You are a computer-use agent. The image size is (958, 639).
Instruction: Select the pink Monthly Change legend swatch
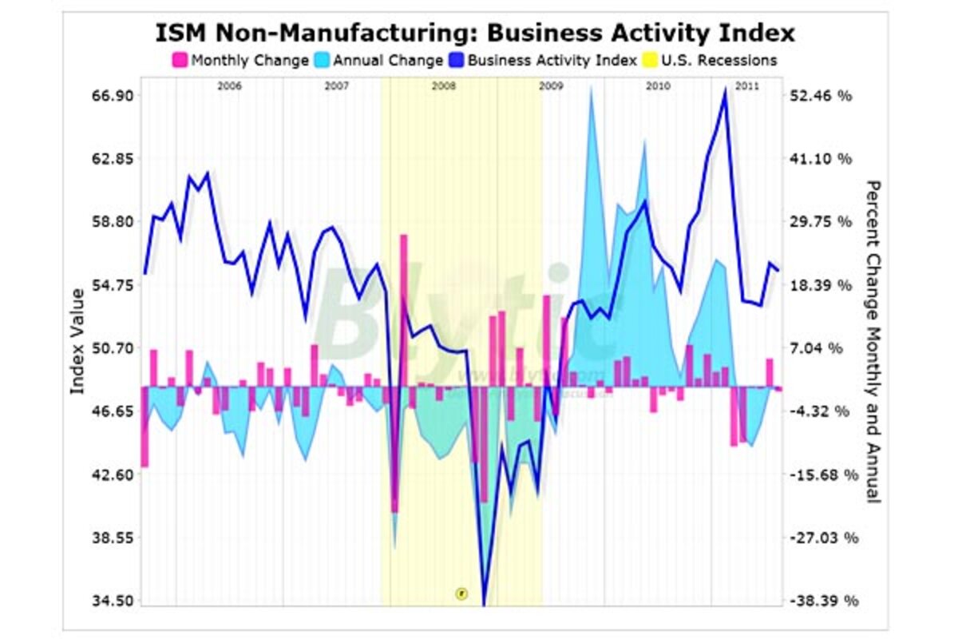click(180, 60)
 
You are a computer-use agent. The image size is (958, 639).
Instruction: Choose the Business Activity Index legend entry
click(551, 60)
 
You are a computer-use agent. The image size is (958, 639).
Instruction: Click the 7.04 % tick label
click(825, 348)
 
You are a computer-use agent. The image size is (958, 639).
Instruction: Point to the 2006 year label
click(230, 85)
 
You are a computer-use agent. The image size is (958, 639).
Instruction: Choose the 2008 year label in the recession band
click(443, 85)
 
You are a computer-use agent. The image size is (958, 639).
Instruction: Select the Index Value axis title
click(77, 341)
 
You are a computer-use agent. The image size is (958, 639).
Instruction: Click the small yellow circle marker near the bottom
click(461, 593)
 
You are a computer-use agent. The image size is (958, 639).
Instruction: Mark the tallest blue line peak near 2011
click(725, 89)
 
